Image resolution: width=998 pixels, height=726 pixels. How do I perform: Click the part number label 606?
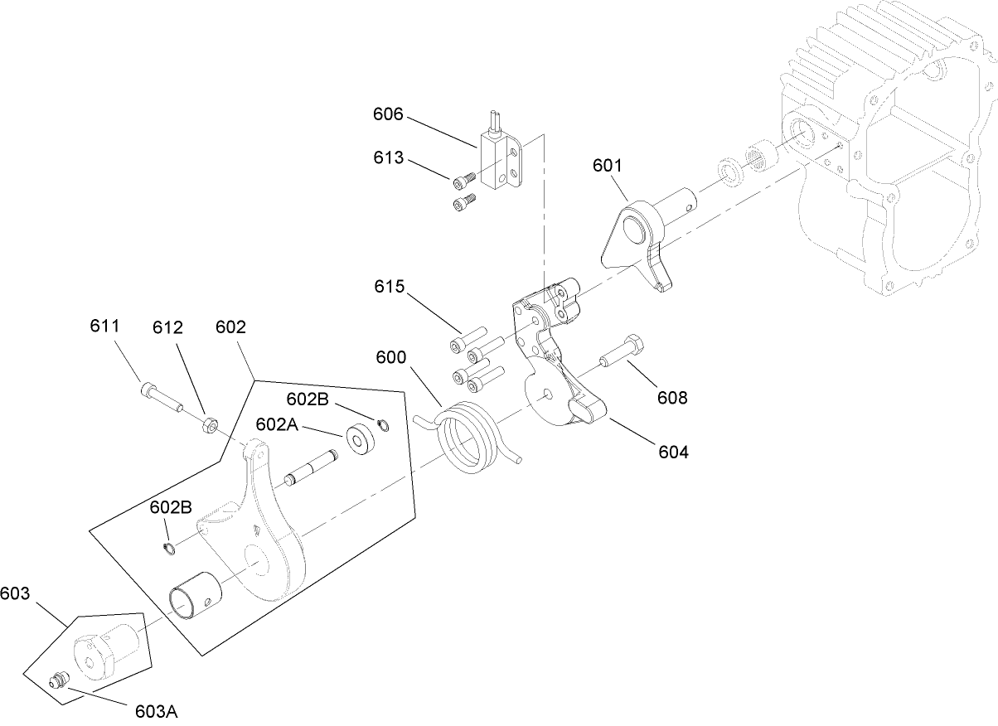click(x=387, y=114)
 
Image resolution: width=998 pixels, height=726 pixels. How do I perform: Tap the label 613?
click(x=387, y=158)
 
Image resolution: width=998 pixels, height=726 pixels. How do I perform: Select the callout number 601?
click(x=607, y=166)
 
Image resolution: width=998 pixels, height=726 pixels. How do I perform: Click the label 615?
click(x=389, y=287)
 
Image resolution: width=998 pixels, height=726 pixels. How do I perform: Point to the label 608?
click(x=672, y=398)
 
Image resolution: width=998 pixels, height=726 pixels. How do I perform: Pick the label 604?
click(x=673, y=452)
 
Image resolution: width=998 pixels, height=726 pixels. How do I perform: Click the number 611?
click(x=104, y=327)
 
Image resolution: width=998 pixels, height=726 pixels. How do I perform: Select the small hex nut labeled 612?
click(x=211, y=426)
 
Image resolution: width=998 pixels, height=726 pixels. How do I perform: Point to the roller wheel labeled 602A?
click(x=361, y=439)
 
